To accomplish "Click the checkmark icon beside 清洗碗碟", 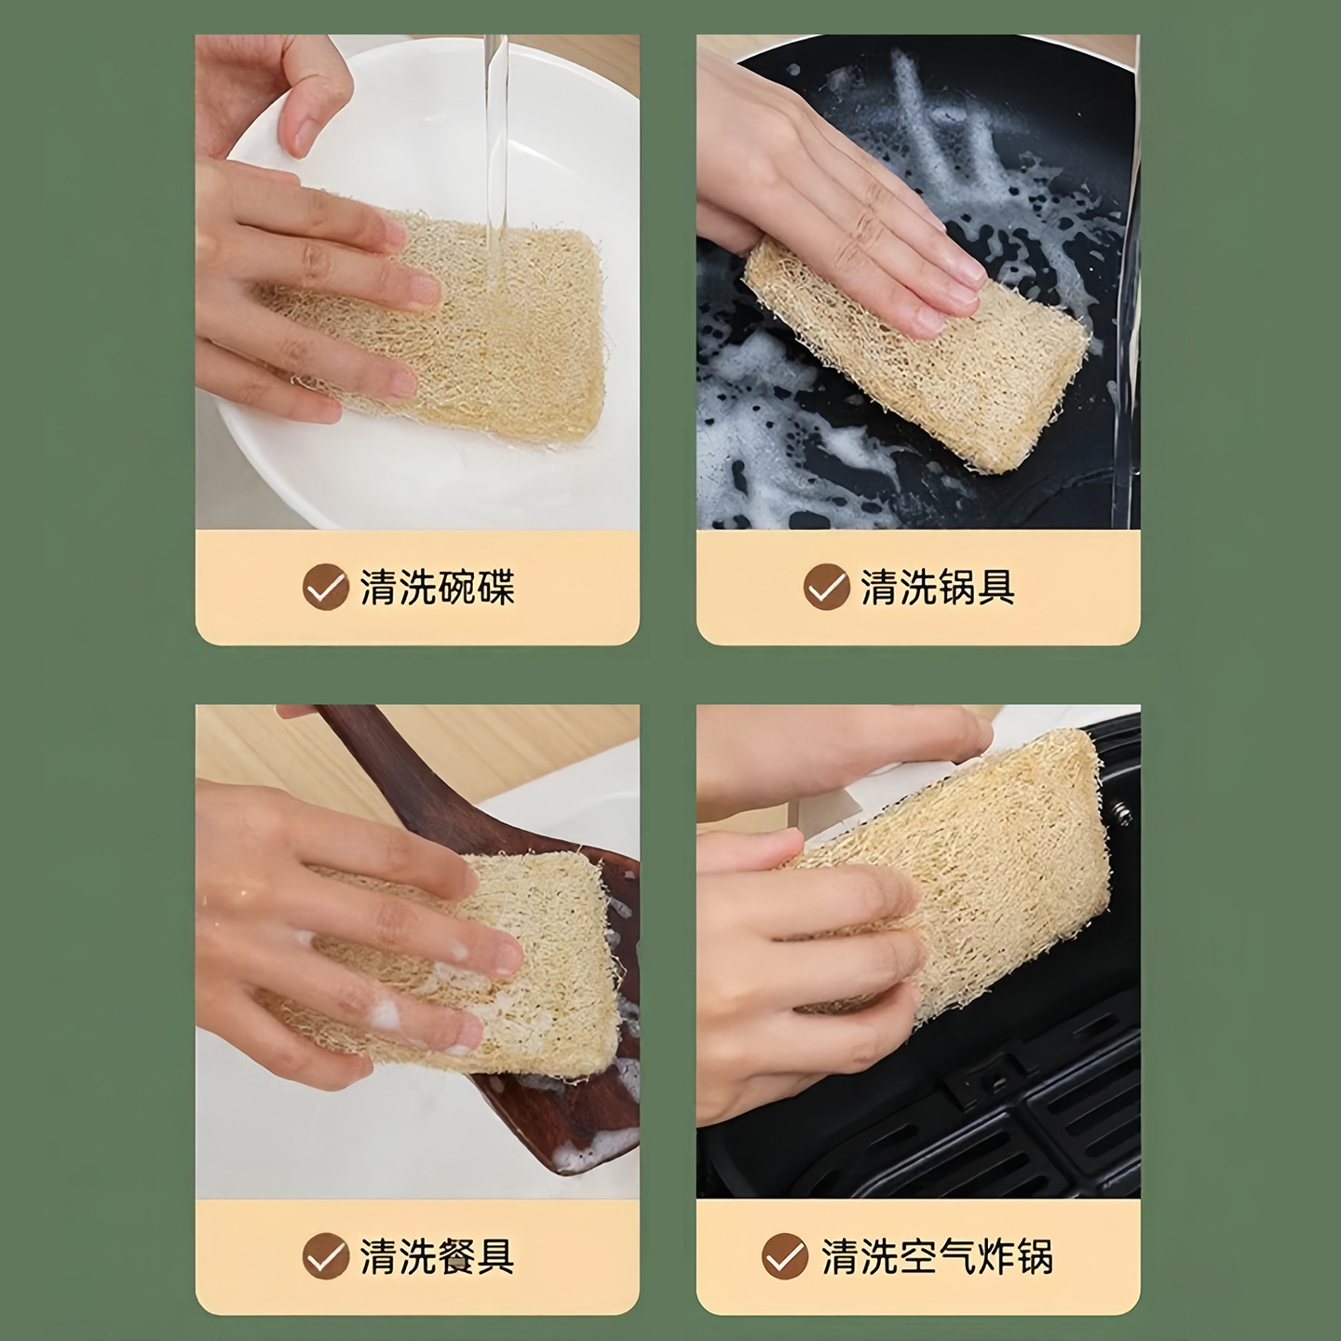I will tap(325, 588).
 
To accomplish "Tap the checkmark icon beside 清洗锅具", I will tap(826, 588).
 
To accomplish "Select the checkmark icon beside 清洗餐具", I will tap(325, 1257).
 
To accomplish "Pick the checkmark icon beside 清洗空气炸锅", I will tap(785, 1257).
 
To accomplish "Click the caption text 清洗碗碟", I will tap(437, 588).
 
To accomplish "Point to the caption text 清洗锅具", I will tap(938, 588).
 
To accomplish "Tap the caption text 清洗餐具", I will tap(437, 1257).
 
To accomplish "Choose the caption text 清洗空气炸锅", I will tap(937, 1257).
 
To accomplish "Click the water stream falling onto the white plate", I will tap(494, 140).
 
